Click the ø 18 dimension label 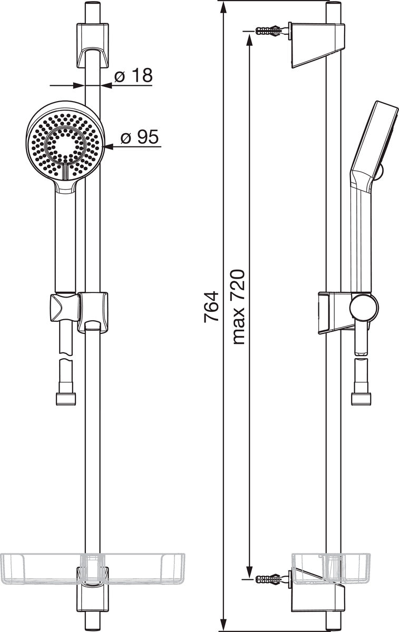(133, 75)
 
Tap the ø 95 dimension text (140, 137)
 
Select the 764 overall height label (211, 307)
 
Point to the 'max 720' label (238, 307)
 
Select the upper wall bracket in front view (93, 46)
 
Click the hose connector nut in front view (66, 399)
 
